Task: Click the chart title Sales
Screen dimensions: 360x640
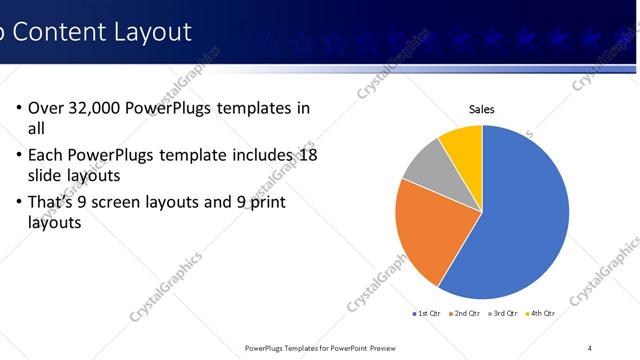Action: tap(482, 110)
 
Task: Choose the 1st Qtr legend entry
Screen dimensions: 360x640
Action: tap(429, 313)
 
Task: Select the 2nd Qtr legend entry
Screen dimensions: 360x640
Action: tap(467, 313)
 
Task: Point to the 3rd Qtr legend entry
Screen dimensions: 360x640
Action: tap(504, 313)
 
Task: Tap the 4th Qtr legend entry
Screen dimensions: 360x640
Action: tap(541, 313)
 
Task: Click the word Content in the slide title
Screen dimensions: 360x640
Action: tap(64, 32)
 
